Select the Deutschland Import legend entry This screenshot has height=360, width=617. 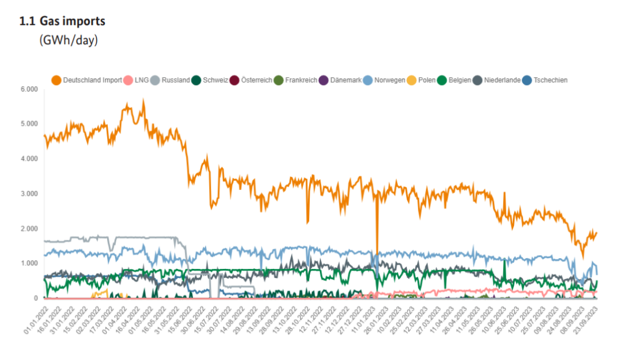pyautogui.click(x=92, y=80)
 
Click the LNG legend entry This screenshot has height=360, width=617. pyautogui.click(x=140, y=80)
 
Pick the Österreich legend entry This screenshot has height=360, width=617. pyautogui.click(x=256, y=80)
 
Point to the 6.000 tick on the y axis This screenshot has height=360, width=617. pyautogui.click(x=30, y=89)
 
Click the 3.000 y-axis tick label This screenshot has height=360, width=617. pyautogui.click(x=30, y=194)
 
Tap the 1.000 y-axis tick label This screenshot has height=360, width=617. pyautogui.click(x=30, y=264)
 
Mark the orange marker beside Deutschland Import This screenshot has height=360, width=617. pyautogui.click(x=57, y=80)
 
